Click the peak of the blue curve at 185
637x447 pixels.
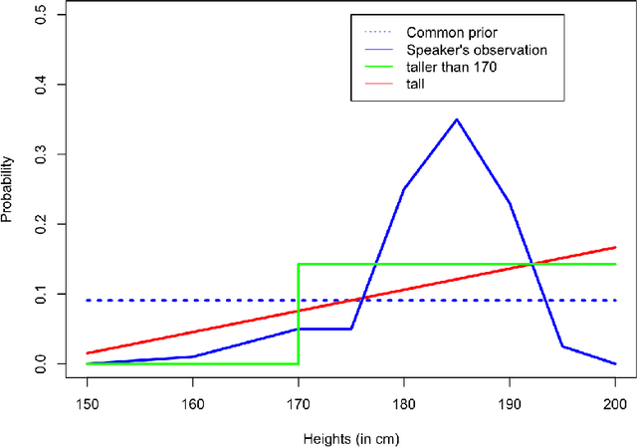point(457,119)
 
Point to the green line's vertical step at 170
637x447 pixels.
point(299,314)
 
